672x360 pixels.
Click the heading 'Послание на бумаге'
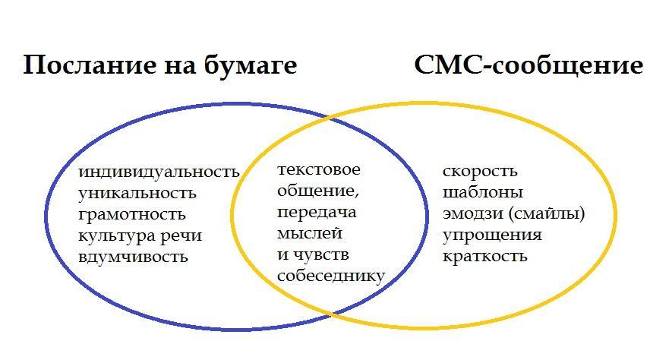coord(159,65)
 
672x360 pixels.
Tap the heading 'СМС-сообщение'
coord(528,65)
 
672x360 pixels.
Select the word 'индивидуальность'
coord(159,172)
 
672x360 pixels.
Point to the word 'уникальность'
coord(137,193)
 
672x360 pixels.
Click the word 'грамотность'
coord(132,214)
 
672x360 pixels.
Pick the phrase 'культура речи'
coord(140,235)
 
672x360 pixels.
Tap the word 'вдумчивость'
coord(133,257)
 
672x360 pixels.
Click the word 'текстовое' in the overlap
coord(319,169)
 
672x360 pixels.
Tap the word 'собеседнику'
coord(331,276)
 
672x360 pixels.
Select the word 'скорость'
coord(480,172)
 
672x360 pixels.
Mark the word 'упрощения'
coord(492,235)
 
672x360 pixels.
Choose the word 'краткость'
coord(484,257)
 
